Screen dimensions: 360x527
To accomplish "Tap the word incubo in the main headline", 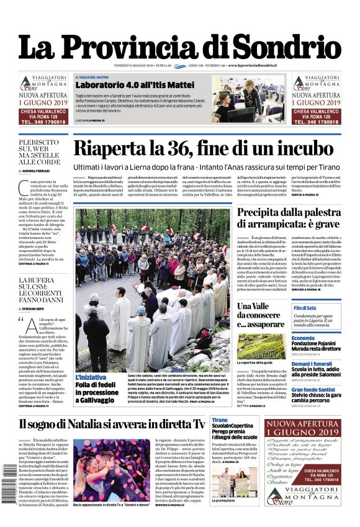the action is [x=295, y=149].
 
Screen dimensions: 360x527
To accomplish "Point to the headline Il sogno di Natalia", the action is [x=112, y=424].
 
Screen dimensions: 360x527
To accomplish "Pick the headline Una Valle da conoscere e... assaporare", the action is [x=259, y=315].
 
